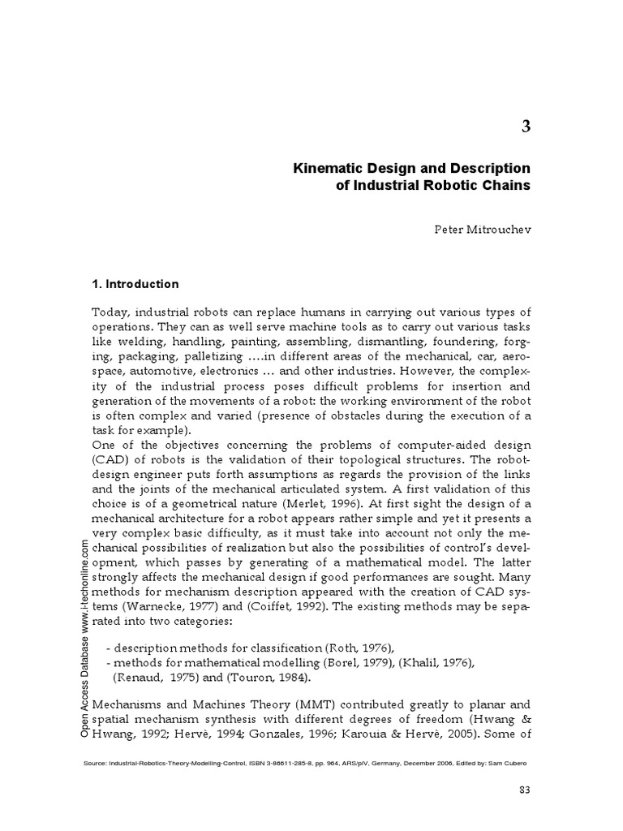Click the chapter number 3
(526, 126)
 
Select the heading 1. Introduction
(135, 284)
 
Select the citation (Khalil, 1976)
(427, 663)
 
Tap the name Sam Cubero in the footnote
(512, 763)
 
